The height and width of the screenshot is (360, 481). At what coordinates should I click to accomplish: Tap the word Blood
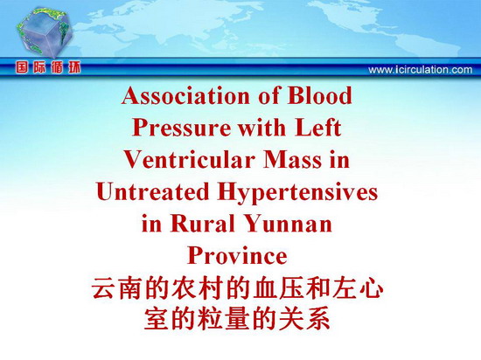point(319,95)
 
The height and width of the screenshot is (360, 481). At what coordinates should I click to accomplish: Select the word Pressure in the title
point(182,128)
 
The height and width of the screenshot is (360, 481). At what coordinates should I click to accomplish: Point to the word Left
point(318,128)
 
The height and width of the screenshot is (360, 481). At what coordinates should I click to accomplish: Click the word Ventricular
point(190,160)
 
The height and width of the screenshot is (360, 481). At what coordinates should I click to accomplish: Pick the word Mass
point(293,160)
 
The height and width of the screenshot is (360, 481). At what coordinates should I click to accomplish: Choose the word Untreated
point(152,191)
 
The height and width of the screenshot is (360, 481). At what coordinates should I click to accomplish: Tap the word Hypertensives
point(297,193)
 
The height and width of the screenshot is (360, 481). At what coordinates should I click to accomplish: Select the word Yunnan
point(289,225)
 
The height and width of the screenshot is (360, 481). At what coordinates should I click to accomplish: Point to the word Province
point(237,255)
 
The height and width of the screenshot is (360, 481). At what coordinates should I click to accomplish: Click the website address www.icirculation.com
point(421,70)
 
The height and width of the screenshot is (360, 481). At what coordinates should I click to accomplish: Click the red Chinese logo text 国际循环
point(48,67)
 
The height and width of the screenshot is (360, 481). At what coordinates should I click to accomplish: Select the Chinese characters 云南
point(119,288)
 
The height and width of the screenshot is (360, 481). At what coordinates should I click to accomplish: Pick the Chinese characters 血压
point(279,288)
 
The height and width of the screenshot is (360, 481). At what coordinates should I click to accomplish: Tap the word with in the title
point(262,128)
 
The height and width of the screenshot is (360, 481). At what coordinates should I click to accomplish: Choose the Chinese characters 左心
point(359,288)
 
